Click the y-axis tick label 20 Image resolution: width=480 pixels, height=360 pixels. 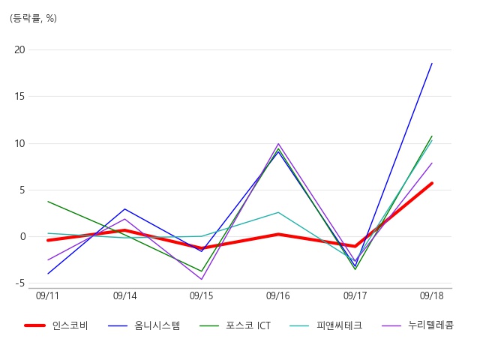click(19, 49)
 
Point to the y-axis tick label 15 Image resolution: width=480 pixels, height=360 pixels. click(19, 97)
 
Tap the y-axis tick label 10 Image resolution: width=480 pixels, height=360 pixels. click(19, 143)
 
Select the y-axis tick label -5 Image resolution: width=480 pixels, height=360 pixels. click(20, 283)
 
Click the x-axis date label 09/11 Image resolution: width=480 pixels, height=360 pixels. click(47, 295)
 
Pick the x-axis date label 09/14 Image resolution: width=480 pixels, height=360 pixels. click(125, 295)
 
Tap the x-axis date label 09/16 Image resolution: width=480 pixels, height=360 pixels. click(278, 295)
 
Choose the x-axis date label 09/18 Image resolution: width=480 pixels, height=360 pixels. click(432, 295)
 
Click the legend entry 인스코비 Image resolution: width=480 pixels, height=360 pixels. click(70, 325)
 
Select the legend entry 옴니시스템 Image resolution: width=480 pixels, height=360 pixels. click(157, 325)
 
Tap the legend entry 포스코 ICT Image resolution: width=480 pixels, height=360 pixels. click(248, 325)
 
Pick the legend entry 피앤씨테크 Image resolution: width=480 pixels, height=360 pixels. click(339, 325)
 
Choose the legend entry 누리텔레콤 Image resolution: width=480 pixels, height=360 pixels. click(430, 325)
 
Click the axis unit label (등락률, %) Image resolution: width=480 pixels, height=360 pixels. click(33, 18)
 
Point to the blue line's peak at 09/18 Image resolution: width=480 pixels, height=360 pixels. click(432, 63)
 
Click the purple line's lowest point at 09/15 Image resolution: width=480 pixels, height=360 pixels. click(202, 279)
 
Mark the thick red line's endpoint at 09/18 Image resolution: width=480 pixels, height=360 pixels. click(432, 183)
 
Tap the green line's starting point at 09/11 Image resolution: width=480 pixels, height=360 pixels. click(48, 202)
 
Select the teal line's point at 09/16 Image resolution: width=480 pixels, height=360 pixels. click(278, 212)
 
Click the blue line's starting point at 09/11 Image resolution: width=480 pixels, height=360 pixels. click(48, 274)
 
